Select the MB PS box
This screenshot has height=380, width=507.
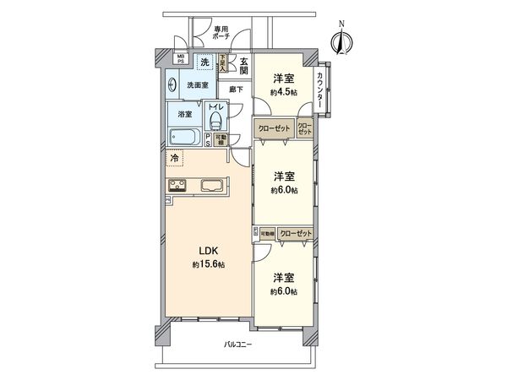click(x=181, y=60)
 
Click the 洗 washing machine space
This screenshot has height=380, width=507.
click(x=204, y=62)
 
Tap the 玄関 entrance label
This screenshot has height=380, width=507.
click(x=241, y=65)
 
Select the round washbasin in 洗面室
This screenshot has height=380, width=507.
click(x=173, y=84)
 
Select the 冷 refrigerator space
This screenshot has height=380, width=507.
click(x=175, y=158)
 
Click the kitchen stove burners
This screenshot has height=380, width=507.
click(x=180, y=186)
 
